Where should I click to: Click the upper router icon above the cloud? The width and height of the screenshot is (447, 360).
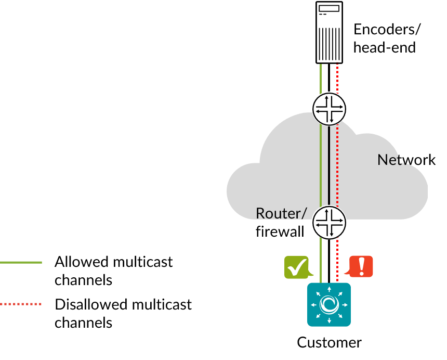(x=329, y=109)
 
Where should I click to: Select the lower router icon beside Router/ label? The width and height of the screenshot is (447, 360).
(x=329, y=223)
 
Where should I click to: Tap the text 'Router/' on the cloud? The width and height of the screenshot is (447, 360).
(x=281, y=213)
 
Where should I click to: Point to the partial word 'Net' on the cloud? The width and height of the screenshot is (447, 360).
(x=390, y=160)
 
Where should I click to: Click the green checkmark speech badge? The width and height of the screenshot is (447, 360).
(x=297, y=267)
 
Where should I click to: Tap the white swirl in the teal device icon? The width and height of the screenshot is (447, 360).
(x=329, y=304)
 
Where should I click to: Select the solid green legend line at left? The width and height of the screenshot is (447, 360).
(x=21, y=262)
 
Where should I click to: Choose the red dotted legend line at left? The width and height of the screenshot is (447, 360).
(x=21, y=304)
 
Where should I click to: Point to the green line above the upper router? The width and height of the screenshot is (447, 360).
(x=321, y=78)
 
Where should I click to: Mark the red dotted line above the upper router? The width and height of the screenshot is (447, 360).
(x=337, y=78)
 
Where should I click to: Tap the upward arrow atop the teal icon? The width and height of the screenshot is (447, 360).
(x=329, y=289)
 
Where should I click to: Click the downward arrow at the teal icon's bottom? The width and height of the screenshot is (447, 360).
(x=329, y=320)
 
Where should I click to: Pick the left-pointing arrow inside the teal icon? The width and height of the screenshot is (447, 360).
(x=313, y=304)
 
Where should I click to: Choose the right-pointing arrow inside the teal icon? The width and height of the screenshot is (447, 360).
(x=345, y=304)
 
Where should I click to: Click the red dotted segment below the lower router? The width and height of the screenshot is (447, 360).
(x=337, y=260)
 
